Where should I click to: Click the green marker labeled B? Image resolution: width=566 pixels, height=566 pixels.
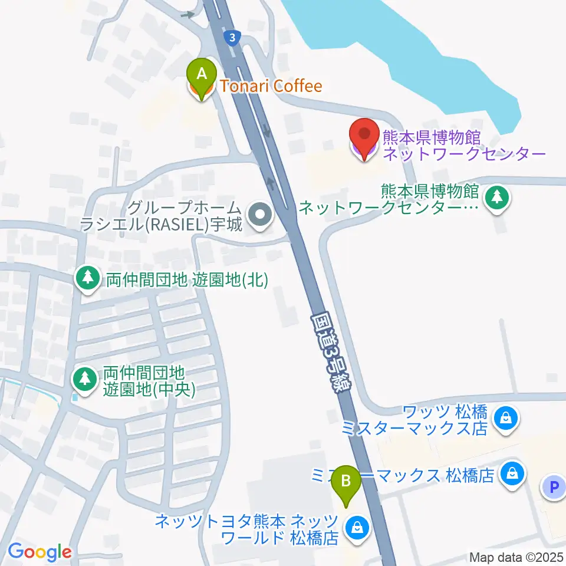(x=346, y=483)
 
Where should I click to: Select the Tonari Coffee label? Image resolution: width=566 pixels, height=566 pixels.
(x=271, y=87)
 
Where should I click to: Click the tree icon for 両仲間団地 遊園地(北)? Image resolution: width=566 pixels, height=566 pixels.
(x=88, y=277)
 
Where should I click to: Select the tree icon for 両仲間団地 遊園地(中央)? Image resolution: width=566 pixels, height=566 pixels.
(x=85, y=378)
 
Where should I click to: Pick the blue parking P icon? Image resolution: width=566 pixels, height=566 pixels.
(x=553, y=488)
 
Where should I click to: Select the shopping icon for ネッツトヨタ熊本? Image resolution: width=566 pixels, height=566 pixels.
(x=357, y=526)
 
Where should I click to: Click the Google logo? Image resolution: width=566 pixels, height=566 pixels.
(x=40, y=552)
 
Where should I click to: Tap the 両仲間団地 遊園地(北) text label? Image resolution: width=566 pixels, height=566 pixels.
(x=186, y=279)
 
